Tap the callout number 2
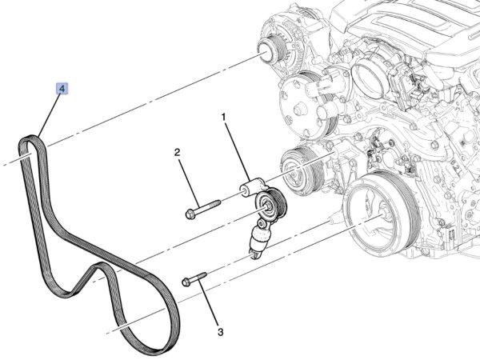coord(178,152)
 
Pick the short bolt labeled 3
coord(194,278)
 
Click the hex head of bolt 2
coord(189,214)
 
